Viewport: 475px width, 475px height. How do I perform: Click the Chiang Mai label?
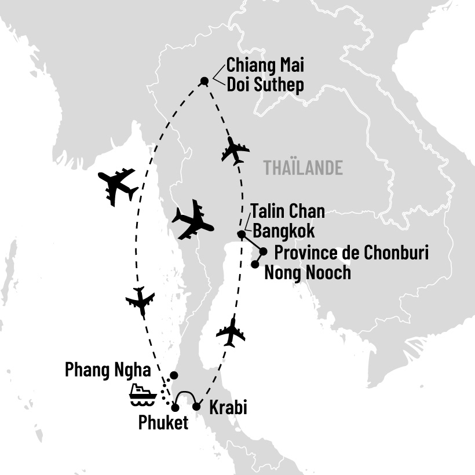point(265,64)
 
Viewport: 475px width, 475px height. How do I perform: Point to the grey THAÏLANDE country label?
point(303,167)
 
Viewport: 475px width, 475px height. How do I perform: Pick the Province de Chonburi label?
point(351,253)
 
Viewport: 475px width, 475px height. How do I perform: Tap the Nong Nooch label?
point(307,272)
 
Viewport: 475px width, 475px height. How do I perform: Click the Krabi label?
point(228,408)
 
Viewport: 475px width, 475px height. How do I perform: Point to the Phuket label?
point(163,423)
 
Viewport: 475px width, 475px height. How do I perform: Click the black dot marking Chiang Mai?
point(204,81)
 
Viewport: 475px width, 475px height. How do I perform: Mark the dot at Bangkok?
point(241,235)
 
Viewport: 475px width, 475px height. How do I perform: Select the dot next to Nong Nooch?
point(254,264)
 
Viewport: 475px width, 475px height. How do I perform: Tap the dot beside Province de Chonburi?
point(264,251)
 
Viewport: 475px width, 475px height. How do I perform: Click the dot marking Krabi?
point(196,407)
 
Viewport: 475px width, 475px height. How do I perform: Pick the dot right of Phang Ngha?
point(173,375)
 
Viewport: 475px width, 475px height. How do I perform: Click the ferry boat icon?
point(143,394)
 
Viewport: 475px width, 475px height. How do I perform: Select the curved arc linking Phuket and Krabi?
point(186,396)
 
